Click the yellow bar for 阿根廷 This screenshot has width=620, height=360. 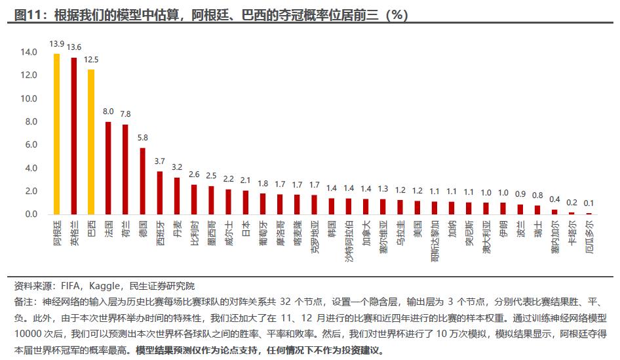(x=56, y=134)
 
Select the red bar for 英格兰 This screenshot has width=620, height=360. (x=73, y=136)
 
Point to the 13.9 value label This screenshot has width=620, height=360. (x=56, y=44)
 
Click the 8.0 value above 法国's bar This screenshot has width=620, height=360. (x=108, y=111)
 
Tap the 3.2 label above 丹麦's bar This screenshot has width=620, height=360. (x=176, y=167)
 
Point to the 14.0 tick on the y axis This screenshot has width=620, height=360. (x=29, y=52)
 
